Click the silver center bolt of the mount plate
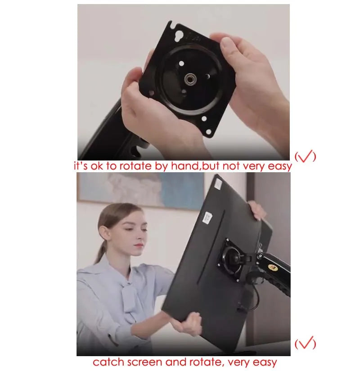189,79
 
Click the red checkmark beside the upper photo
305,156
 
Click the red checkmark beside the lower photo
305,343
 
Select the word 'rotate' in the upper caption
135,166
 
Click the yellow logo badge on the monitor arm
273,268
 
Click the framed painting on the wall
140,191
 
